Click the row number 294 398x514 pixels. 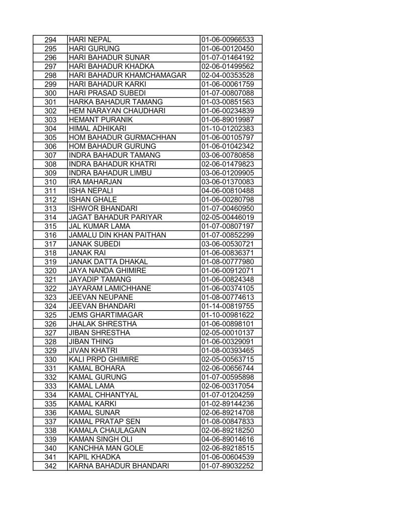click(x=50, y=40)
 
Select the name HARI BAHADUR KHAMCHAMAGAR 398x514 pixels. click(x=128, y=75)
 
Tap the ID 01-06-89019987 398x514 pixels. click(x=227, y=119)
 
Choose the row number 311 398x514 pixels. click(x=50, y=190)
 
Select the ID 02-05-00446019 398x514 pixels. click(x=227, y=217)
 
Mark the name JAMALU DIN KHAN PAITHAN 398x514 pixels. click(x=118, y=235)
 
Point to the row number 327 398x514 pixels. click(x=50, y=332)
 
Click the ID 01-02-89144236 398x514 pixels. click(x=227, y=403)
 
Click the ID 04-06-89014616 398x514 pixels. click(x=227, y=439)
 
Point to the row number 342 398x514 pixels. click(x=50, y=465)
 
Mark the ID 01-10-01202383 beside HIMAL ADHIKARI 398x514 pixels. click(x=227, y=128)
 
